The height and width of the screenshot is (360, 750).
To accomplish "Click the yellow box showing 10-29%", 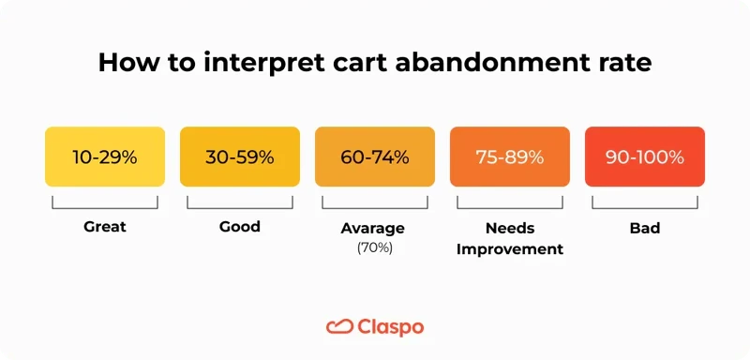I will pyautogui.click(x=105, y=157).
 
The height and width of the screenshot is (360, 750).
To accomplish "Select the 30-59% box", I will pyautogui.click(x=240, y=157).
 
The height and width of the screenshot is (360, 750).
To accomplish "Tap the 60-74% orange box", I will pyautogui.click(x=375, y=157).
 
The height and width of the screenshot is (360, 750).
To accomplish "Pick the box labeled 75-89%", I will pyautogui.click(x=510, y=157).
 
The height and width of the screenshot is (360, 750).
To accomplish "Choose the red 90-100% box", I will pyautogui.click(x=645, y=157).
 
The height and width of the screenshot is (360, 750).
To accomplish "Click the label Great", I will pyautogui.click(x=104, y=227).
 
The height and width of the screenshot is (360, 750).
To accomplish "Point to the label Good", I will pyautogui.click(x=240, y=227).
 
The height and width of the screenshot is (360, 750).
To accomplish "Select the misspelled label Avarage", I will pyautogui.click(x=374, y=228).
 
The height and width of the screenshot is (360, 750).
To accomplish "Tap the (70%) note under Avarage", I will pyautogui.click(x=374, y=247).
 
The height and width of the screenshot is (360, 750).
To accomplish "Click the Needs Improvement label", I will pyautogui.click(x=510, y=238).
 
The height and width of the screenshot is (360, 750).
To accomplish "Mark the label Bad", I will pyautogui.click(x=645, y=228).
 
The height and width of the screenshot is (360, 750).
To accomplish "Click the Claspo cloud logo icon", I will pyautogui.click(x=338, y=326).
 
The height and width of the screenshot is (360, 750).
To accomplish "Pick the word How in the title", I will pyautogui.click(x=124, y=64).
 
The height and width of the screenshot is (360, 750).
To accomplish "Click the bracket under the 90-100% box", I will pyautogui.click(x=645, y=203).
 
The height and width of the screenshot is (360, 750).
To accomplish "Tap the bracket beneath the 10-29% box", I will pyautogui.click(x=105, y=203).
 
